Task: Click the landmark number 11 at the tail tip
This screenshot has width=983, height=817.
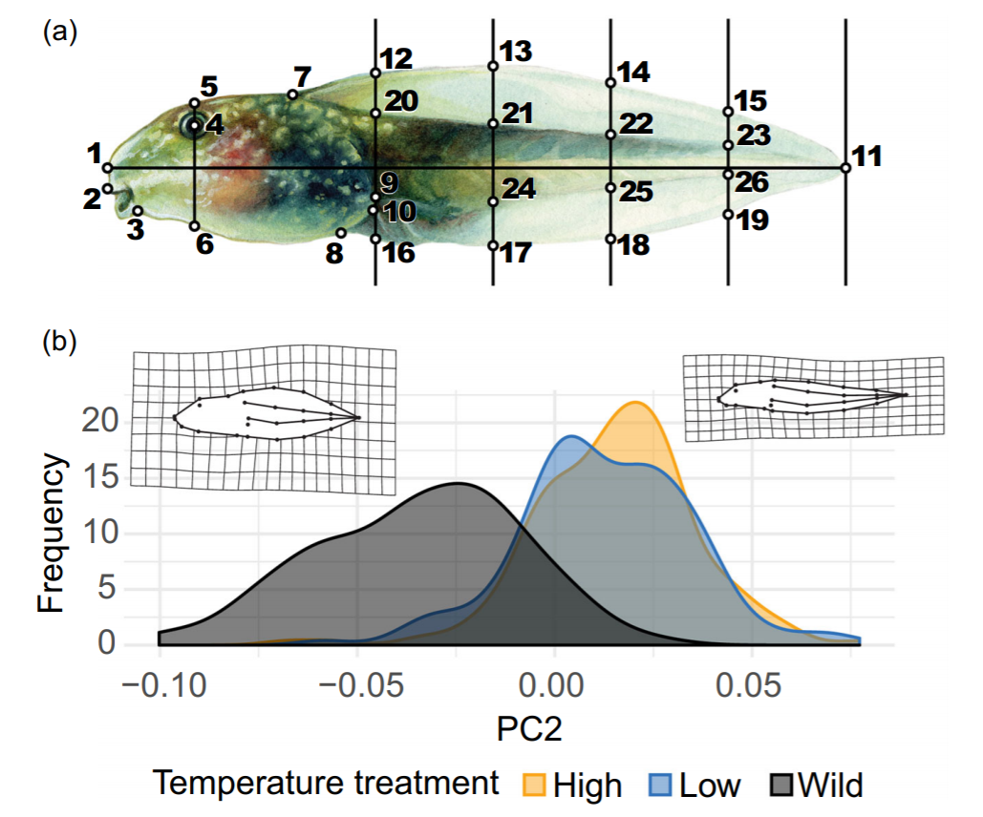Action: [x=867, y=157]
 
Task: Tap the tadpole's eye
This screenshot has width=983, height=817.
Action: [x=192, y=127]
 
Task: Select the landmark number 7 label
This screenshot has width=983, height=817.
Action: [x=303, y=77]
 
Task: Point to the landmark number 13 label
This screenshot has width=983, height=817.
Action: [x=516, y=52]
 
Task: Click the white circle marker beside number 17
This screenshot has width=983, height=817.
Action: [x=493, y=245]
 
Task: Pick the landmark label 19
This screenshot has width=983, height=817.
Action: [x=753, y=220]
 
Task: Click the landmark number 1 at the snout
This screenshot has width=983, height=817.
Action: [x=95, y=154]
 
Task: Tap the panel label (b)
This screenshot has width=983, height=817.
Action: [x=59, y=342]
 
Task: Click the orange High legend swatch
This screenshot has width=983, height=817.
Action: [x=534, y=786]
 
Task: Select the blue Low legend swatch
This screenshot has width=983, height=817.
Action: [x=660, y=786]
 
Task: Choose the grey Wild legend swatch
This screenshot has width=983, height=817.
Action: [x=781, y=786]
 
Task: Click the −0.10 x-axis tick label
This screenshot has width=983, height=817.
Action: [x=164, y=685]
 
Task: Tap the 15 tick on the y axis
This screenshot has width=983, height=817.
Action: [x=99, y=477]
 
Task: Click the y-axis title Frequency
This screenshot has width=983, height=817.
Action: [x=51, y=533]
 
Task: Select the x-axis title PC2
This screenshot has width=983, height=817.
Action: [x=529, y=729]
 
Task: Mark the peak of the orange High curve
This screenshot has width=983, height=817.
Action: [x=635, y=402]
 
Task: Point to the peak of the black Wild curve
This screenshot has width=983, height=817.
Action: [x=459, y=483]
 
